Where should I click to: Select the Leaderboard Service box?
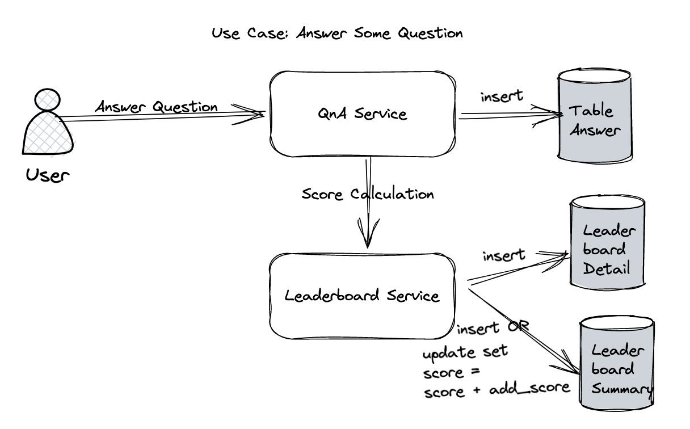(362, 296)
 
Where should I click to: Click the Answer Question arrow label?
(156, 107)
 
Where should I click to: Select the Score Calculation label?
(368, 194)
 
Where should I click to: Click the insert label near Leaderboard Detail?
(504, 255)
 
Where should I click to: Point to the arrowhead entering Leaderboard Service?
(368, 238)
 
